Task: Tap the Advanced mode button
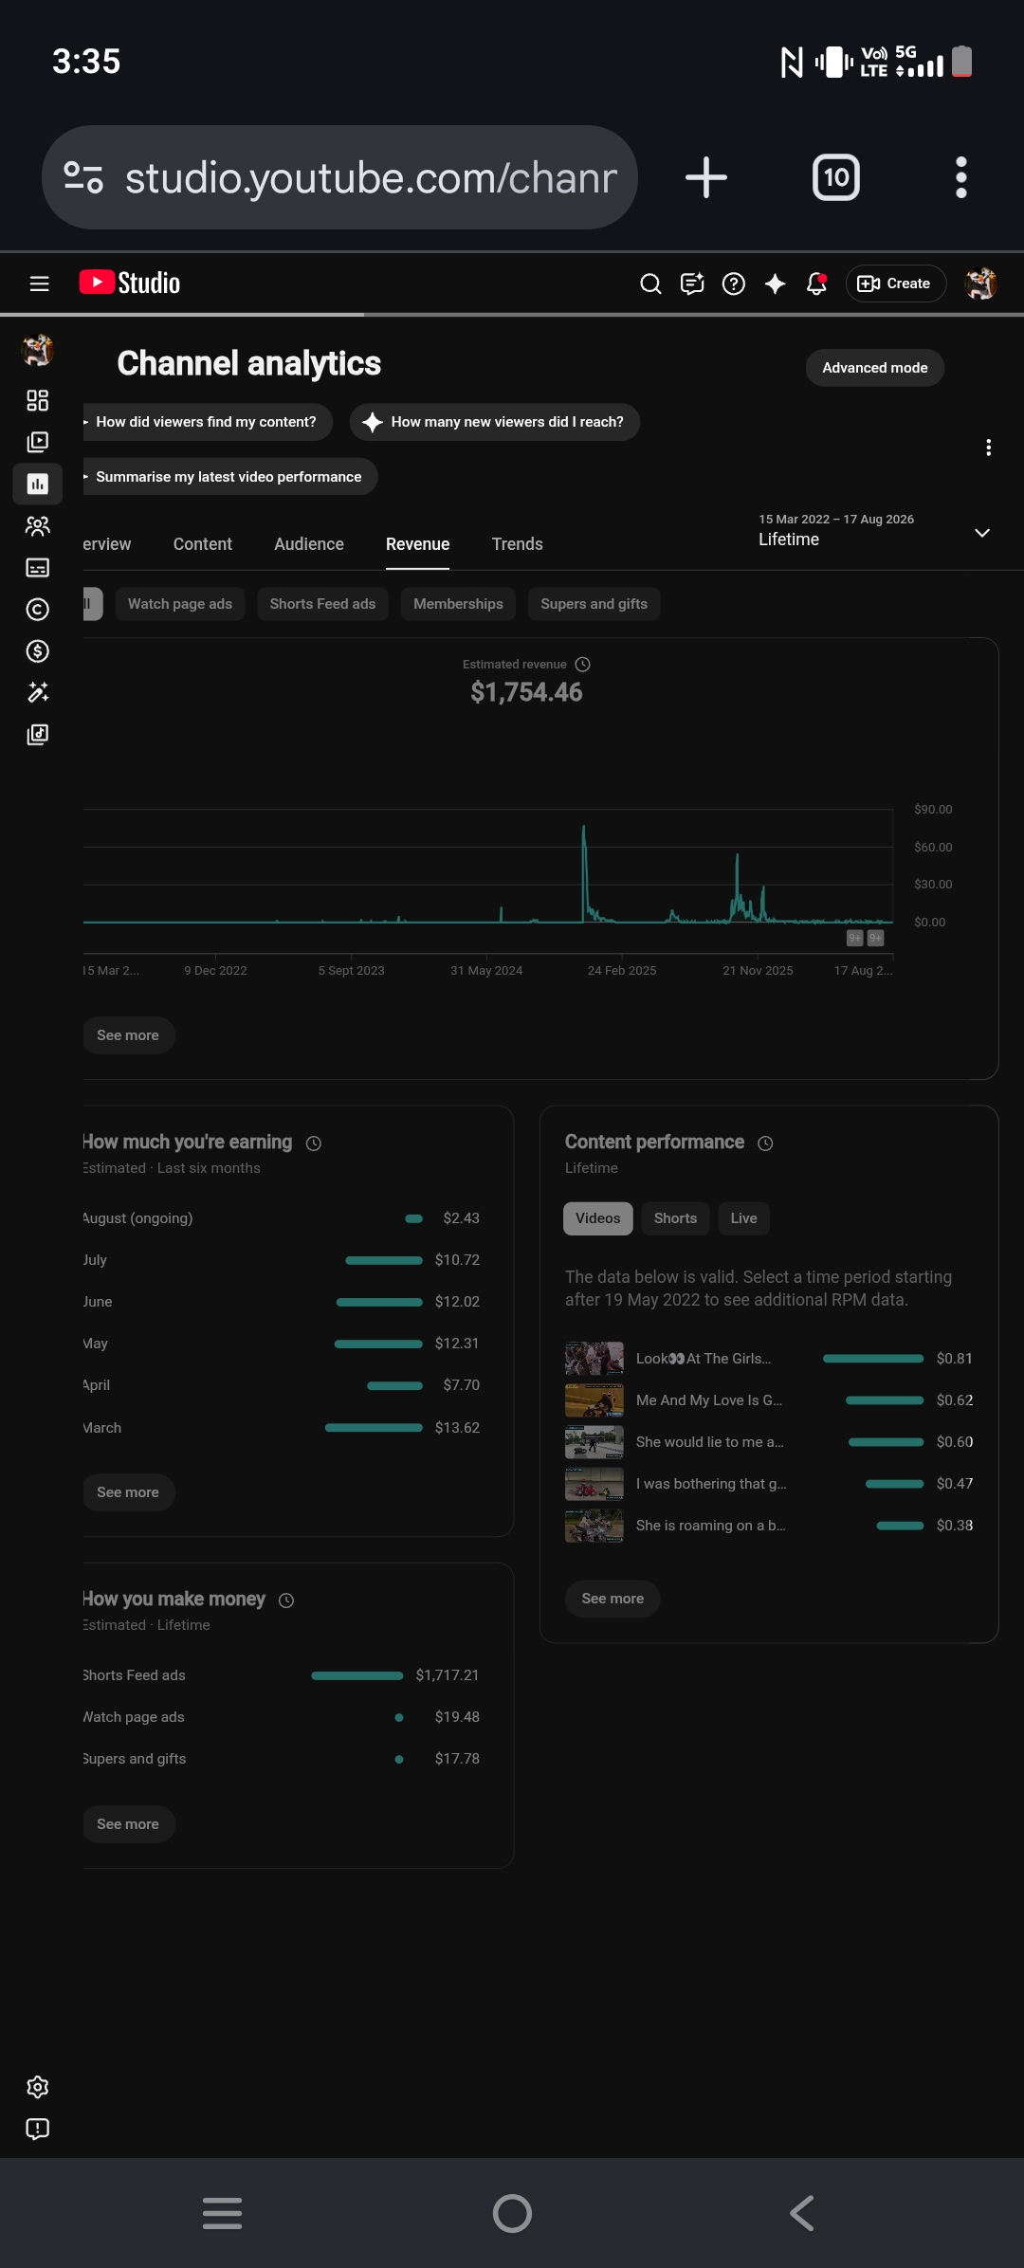pyautogui.click(x=874, y=368)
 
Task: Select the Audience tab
pyautogui.click(x=309, y=544)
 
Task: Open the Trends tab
pyautogui.click(x=517, y=544)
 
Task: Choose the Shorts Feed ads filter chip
pyautogui.click(x=322, y=604)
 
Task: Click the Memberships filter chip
pyautogui.click(x=458, y=604)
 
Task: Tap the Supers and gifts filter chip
pyautogui.click(x=594, y=604)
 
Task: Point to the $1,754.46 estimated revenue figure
pyautogui.click(x=526, y=692)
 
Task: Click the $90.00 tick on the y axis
pyautogui.click(x=933, y=810)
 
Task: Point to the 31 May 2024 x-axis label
pyautogui.click(x=486, y=971)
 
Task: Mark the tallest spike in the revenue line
pyautogui.click(x=583, y=827)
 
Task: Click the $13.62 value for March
pyautogui.click(x=457, y=1428)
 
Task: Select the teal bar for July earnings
pyautogui.click(x=384, y=1260)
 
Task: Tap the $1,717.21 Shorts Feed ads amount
pyautogui.click(x=447, y=1675)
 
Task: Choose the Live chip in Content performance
pyautogui.click(x=743, y=1218)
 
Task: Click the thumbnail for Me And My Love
pyautogui.click(x=594, y=1400)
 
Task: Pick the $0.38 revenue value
pyautogui.click(x=955, y=1526)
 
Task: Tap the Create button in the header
pyautogui.click(x=895, y=283)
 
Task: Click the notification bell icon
pyautogui.click(x=816, y=283)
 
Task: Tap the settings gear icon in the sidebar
pyautogui.click(x=38, y=2087)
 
